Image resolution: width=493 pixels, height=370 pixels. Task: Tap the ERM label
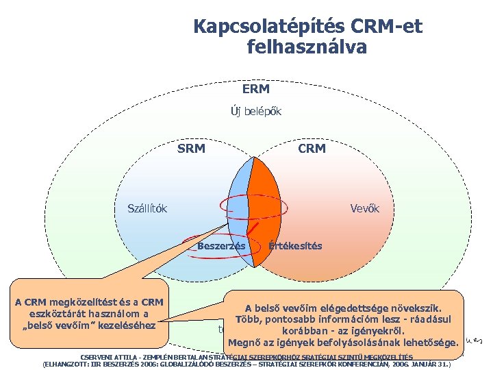click(255, 89)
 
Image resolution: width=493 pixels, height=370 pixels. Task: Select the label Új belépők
click(255, 111)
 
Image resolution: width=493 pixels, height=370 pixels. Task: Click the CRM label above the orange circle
click(312, 148)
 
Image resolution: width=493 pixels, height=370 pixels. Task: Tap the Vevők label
click(364, 208)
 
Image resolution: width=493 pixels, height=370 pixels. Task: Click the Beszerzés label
click(221, 245)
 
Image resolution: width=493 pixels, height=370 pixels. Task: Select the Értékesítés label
click(296, 245)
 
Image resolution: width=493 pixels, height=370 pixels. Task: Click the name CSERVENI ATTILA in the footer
click(110, 357)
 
